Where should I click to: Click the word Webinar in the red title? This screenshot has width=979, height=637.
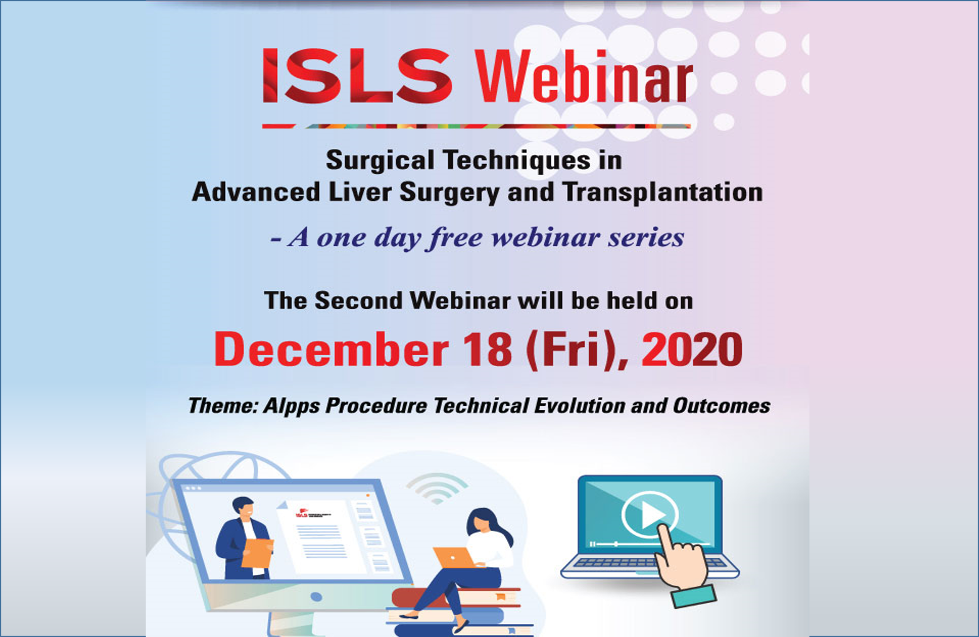(x=583, y=77)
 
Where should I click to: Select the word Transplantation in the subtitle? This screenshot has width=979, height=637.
(x=663, y=192)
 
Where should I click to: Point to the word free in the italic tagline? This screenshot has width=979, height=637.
(x=456, y=238)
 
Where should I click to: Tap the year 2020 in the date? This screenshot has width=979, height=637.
(x=692, y=350)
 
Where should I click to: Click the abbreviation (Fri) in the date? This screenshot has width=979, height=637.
(x=571, y=350)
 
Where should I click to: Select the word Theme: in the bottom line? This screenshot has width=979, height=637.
(x=223, y=406)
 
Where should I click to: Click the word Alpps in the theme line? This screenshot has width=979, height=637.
(x=291, y=406)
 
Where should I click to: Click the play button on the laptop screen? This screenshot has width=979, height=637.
(x=649, y=514)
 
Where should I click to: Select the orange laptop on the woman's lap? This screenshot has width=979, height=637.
(x=453, y=558)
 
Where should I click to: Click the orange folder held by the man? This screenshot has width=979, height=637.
(x=257, y=553)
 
